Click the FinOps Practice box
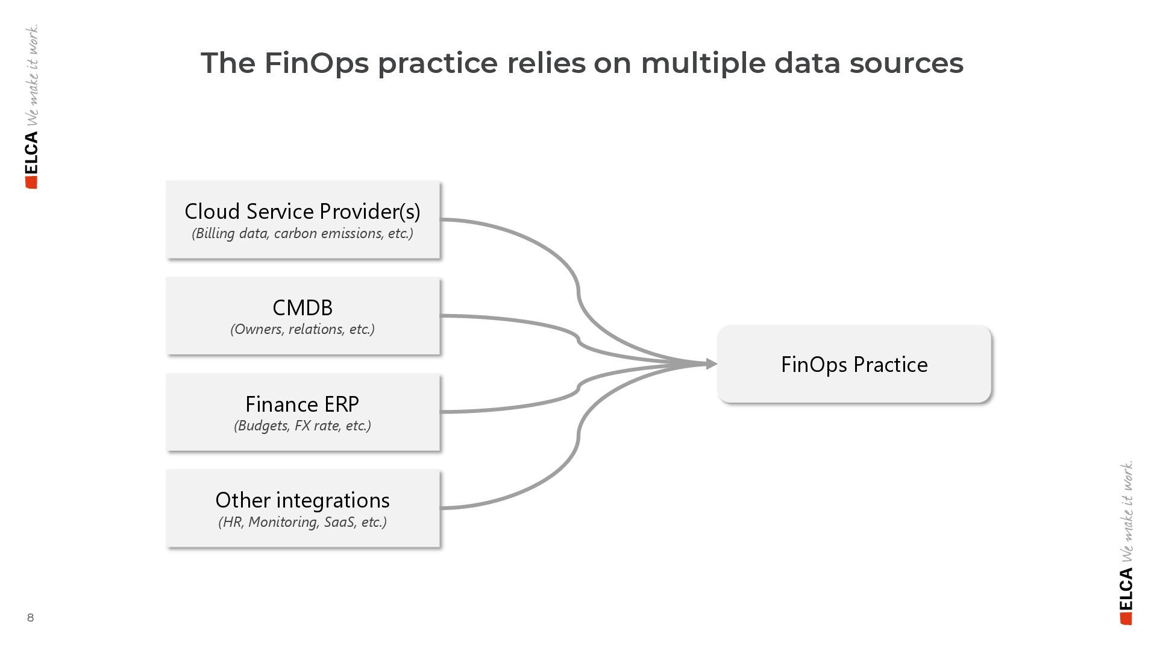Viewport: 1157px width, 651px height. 854,364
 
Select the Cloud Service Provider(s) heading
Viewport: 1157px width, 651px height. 303,212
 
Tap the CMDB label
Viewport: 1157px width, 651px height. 303,308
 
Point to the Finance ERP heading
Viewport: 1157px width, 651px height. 303,404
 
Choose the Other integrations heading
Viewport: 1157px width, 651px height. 303,500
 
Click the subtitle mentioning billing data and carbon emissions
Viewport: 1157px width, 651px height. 303,234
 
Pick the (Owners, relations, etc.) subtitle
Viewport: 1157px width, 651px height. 303,329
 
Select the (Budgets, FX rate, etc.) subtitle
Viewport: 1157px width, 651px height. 303,426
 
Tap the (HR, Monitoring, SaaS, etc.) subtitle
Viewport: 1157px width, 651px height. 303,522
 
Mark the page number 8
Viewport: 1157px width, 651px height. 30,618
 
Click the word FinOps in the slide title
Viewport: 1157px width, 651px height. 316,63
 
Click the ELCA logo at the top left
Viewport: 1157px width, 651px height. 31,160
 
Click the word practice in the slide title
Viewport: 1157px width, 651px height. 437,63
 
